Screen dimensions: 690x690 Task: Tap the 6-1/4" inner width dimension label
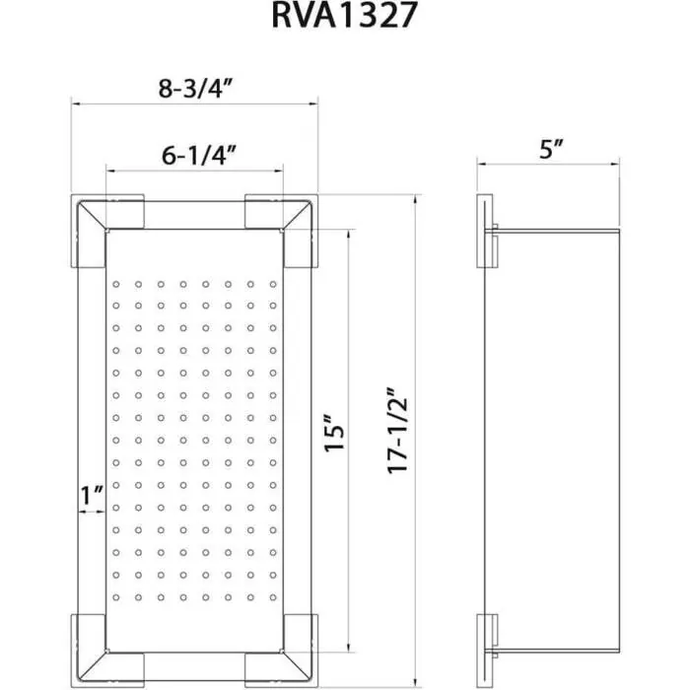(197, 155)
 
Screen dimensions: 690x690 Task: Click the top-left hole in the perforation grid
(115, 284)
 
